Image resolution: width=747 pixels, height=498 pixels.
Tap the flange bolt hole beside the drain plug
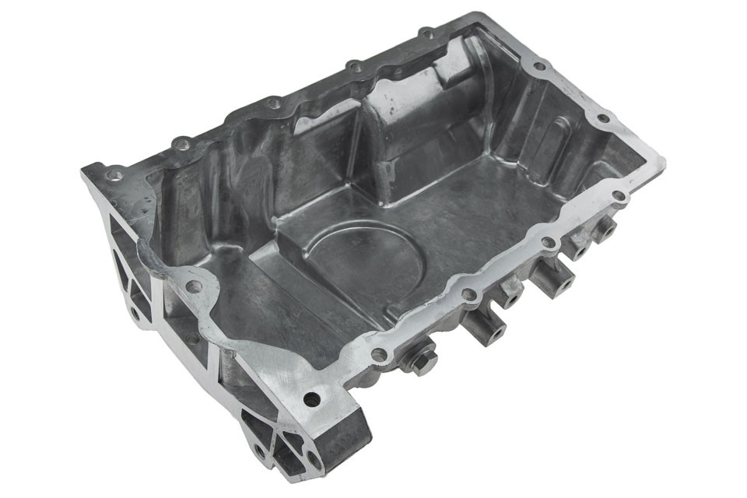click(379, 355)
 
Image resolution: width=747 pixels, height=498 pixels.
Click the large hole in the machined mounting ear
click(311, 400)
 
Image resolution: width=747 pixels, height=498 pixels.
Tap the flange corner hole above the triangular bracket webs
click(115, 175)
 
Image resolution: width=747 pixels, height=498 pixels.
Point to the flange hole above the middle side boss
click(548, 243)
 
